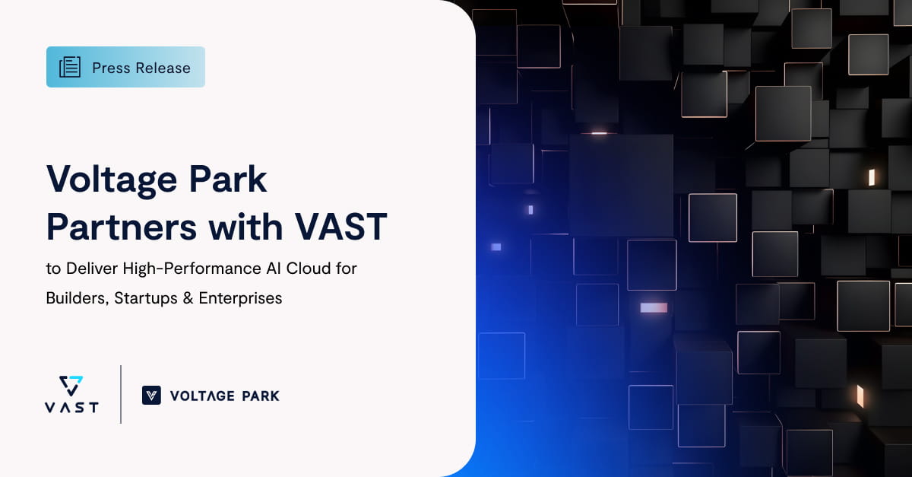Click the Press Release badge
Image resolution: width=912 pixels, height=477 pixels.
(x=125, y=67)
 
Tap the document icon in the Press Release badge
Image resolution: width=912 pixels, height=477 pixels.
(x=70, y=67)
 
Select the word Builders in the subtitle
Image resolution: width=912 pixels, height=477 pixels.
(x=76, y=298)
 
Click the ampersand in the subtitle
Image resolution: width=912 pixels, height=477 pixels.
(x=188, y=298)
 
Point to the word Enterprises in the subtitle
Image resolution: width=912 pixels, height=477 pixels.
(x=240, y=298)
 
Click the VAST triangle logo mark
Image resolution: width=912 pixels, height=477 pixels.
(x=71, y=385)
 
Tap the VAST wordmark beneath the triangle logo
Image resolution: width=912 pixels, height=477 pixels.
(x=71, y=407)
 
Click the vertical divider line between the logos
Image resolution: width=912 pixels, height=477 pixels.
(x=121, y=394)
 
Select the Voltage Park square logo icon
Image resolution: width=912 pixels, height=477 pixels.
(x=151, y=395)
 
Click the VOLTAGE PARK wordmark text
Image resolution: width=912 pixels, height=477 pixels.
(x=224, y=396)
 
